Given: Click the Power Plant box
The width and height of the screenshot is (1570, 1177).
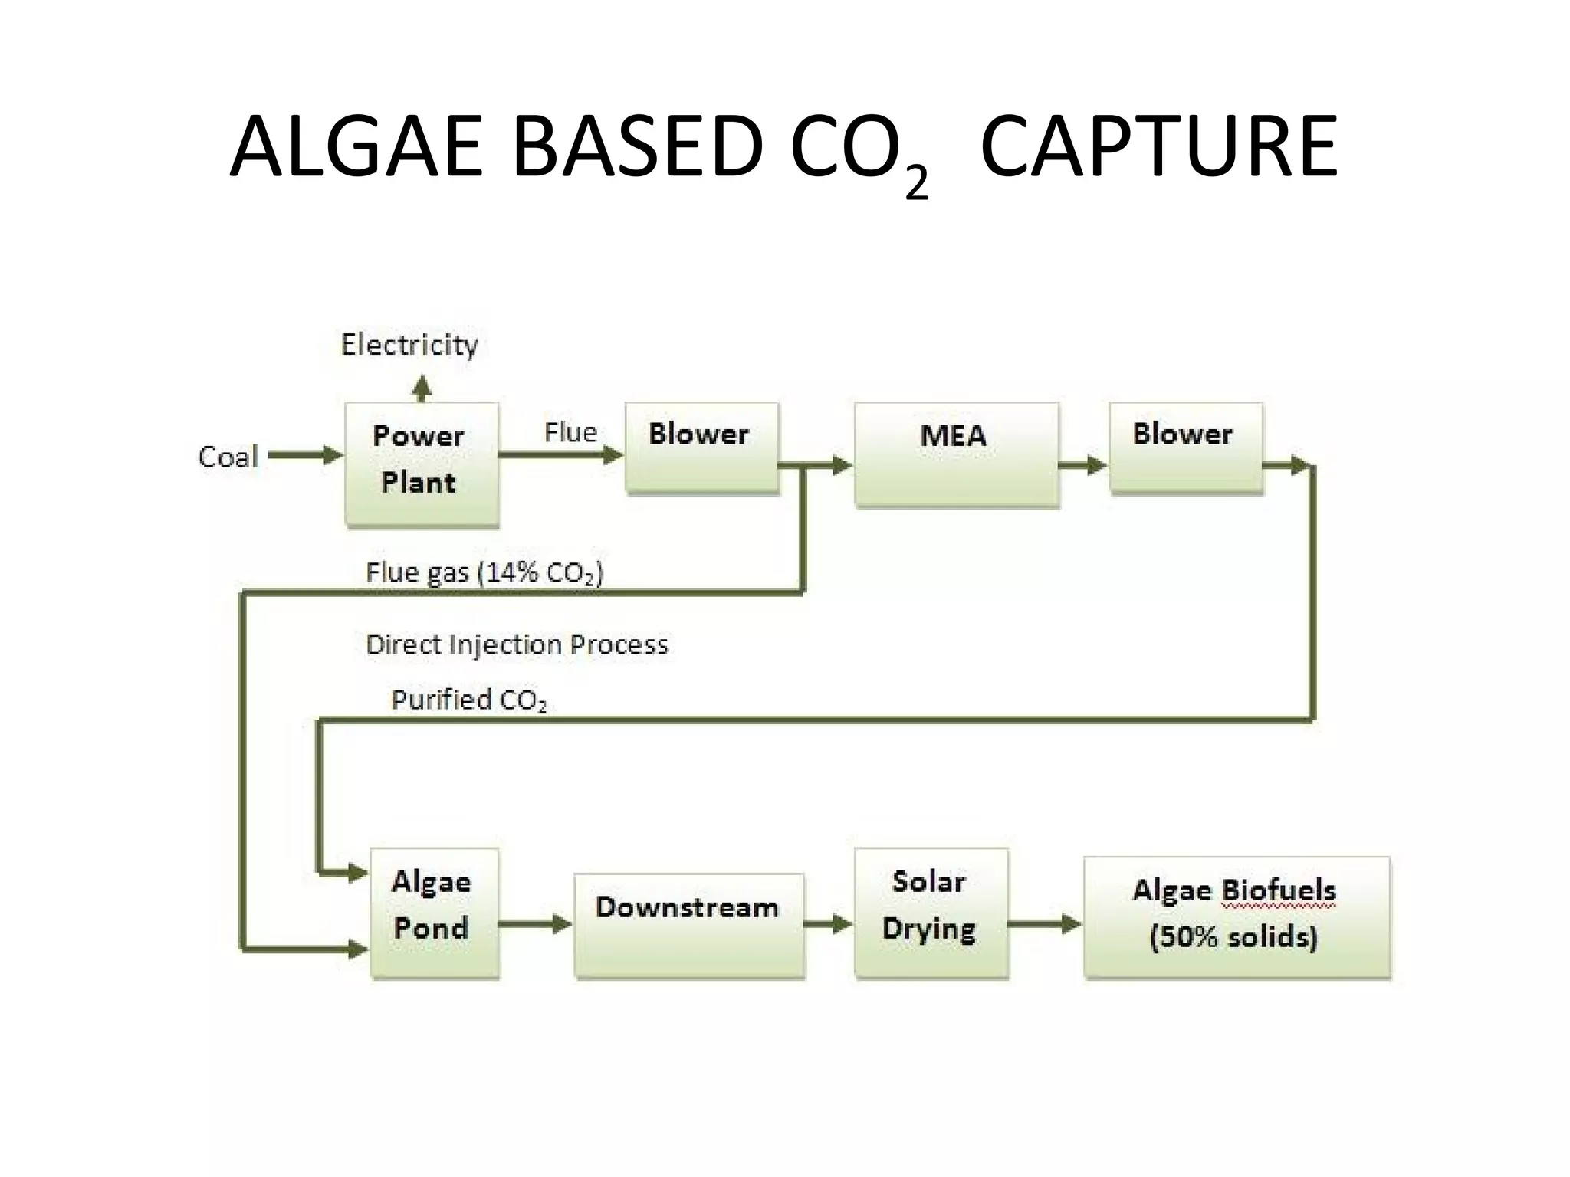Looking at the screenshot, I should [422, 463].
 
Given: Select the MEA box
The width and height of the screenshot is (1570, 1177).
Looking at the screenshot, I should [956, 454].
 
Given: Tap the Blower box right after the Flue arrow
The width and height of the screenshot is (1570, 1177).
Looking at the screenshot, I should [701, 448].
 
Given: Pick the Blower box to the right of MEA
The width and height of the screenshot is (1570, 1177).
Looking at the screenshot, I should [1185, 448].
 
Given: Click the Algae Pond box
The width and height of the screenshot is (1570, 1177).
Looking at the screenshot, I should [434, 912].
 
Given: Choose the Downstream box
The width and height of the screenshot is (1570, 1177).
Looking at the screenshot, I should [688, 924].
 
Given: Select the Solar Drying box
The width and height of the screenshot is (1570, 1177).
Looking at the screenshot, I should [931, 912].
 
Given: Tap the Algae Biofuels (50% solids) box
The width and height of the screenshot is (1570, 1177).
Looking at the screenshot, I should [1236, 916].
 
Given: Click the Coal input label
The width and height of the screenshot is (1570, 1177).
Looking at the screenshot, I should [228, 457].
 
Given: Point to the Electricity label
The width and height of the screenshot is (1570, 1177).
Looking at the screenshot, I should [409, 345].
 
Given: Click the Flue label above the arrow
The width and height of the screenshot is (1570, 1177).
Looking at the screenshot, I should [570, 432].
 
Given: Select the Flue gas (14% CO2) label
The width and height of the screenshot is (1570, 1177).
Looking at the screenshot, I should [484, 572].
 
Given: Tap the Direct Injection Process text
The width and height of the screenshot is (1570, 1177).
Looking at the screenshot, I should [517, 644].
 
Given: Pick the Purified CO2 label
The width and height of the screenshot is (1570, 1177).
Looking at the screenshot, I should [468, 700].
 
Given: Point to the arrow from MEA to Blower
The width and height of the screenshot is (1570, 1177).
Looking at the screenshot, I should [1082, 464].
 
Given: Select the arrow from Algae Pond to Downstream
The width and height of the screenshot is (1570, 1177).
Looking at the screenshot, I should [535, 923].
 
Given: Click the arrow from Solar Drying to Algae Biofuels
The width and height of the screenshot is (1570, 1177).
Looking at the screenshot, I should [1044, 924].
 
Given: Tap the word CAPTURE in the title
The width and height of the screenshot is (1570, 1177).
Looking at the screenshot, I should [1158, 146].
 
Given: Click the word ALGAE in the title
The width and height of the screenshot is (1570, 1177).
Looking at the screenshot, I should [356, 146].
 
